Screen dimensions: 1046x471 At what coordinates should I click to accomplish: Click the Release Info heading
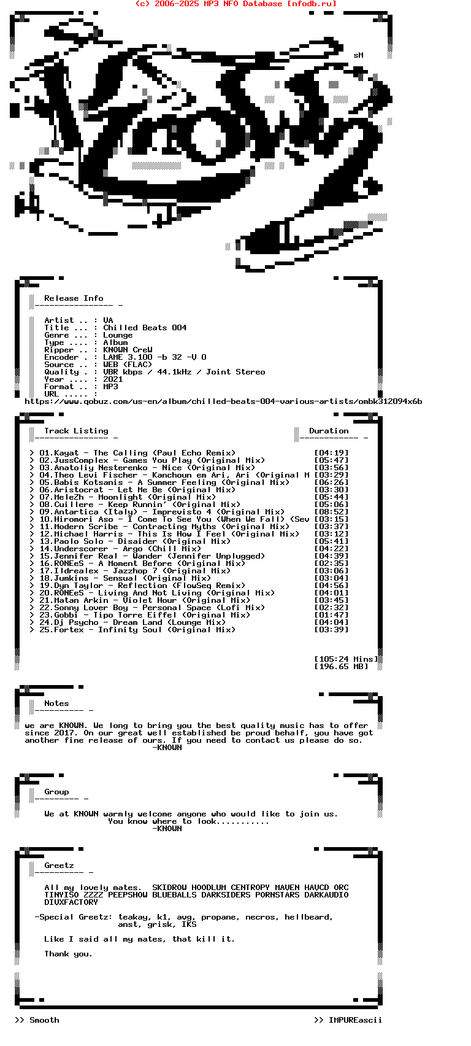(74, 298)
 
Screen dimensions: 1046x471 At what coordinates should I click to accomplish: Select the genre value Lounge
(118, 335)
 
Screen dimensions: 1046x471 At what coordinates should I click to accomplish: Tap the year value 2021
(113, 379)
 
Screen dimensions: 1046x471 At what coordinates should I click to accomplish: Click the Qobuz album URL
(223, 401)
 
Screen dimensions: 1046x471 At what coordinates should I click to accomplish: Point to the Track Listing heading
(76, 431)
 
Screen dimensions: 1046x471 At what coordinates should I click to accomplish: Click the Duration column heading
(329, 431)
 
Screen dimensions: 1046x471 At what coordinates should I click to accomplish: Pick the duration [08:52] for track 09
(331, 512)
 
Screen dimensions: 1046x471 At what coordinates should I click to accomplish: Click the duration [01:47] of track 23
(331, 615)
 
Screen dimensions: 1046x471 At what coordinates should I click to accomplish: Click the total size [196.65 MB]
(341, 667)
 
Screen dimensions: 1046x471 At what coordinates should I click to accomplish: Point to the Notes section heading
(56, 703)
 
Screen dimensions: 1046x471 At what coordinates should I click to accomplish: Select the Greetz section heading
(59, 866)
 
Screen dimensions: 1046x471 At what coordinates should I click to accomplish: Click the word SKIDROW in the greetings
(169, 888)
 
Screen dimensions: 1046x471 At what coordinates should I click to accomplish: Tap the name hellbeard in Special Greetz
(308, 917)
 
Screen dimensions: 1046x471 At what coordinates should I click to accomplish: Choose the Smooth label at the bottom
(44, 1020)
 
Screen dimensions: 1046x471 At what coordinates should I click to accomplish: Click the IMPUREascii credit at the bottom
(355, 1020)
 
